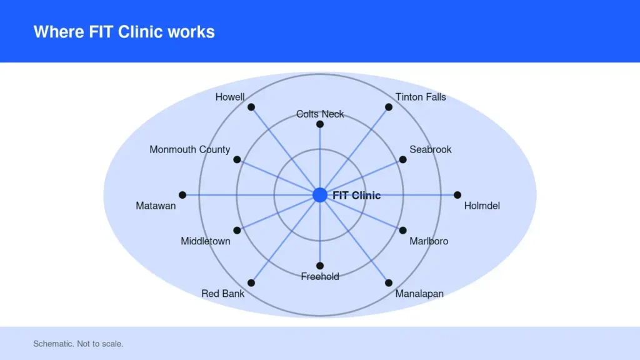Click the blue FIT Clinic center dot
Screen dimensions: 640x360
point(320,195)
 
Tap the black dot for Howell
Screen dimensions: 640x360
point(251,107)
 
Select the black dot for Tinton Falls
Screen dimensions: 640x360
point(389,107)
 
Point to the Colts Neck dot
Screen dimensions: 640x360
point(320,124)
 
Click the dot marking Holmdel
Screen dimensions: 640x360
point(457,195)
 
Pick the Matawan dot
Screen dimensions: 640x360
point(182,195)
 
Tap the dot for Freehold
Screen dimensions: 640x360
point(320,266)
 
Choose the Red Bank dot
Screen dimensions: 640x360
point(251,283)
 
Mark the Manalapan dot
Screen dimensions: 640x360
point(389,283)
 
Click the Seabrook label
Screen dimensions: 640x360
point(431,149)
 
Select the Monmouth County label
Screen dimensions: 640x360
point(190,150)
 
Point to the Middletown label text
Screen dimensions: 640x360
point(206,241)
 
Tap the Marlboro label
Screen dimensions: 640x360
point(429,241)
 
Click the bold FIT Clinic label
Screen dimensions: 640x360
point(357,196)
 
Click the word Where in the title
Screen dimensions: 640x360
point(59,32)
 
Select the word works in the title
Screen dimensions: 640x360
point(191,32)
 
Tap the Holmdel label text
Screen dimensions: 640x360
point(482,206)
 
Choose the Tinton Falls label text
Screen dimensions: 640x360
point(421,97)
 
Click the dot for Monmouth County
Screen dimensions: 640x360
point(237,159)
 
